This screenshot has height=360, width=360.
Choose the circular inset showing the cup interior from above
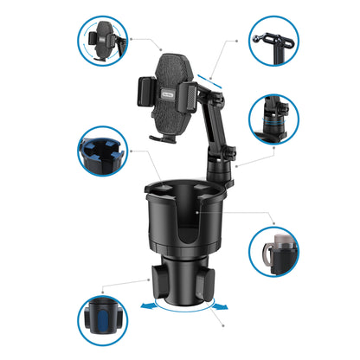click(103, 151)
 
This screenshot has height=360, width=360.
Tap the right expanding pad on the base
click(210, 282)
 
